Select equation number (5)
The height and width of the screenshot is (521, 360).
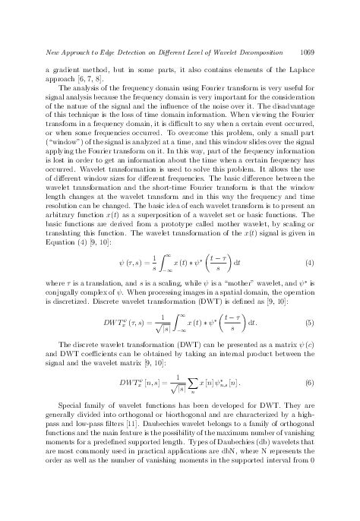[x=309, y=322]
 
